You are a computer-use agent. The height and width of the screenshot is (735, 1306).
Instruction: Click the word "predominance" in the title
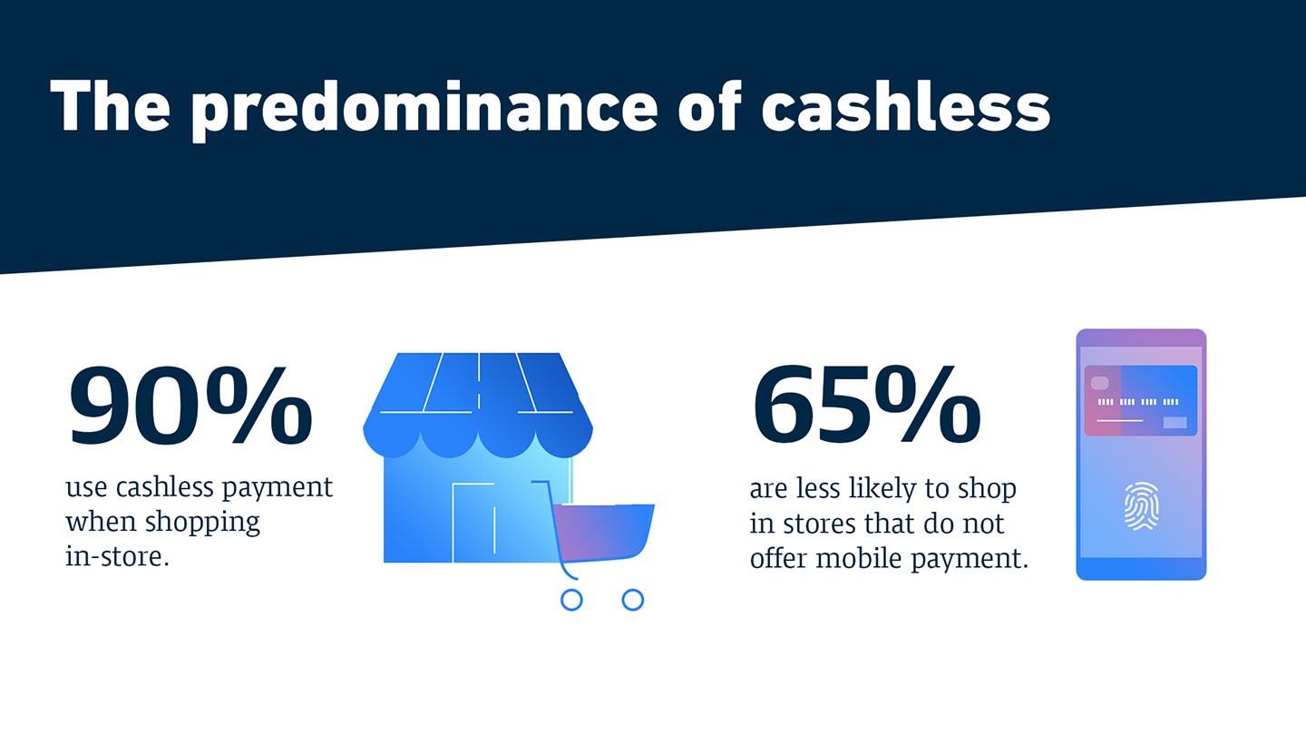[425, 109]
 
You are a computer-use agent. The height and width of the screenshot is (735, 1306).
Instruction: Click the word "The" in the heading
[111, 105]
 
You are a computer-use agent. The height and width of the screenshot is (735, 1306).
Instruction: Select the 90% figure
[190, 405]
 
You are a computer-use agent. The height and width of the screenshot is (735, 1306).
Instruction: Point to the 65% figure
[866, 403]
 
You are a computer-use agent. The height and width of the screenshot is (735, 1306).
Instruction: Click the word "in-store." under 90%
[117, 556]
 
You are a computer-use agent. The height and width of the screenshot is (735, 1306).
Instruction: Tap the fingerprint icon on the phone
[1141, 506]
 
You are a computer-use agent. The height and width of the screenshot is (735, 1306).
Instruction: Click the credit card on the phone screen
[1140, 401]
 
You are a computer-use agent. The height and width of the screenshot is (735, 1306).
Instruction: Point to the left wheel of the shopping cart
[571, 600]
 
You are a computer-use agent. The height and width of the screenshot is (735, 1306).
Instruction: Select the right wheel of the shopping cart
[633, 600]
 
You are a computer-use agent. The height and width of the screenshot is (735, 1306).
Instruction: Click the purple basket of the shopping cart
[603, 532]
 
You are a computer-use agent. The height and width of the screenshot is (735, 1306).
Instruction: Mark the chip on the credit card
[1099, 383]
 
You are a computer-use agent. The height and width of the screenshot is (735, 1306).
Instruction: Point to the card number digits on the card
[1138, 402]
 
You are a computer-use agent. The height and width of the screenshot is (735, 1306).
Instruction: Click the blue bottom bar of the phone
[1141, 569]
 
